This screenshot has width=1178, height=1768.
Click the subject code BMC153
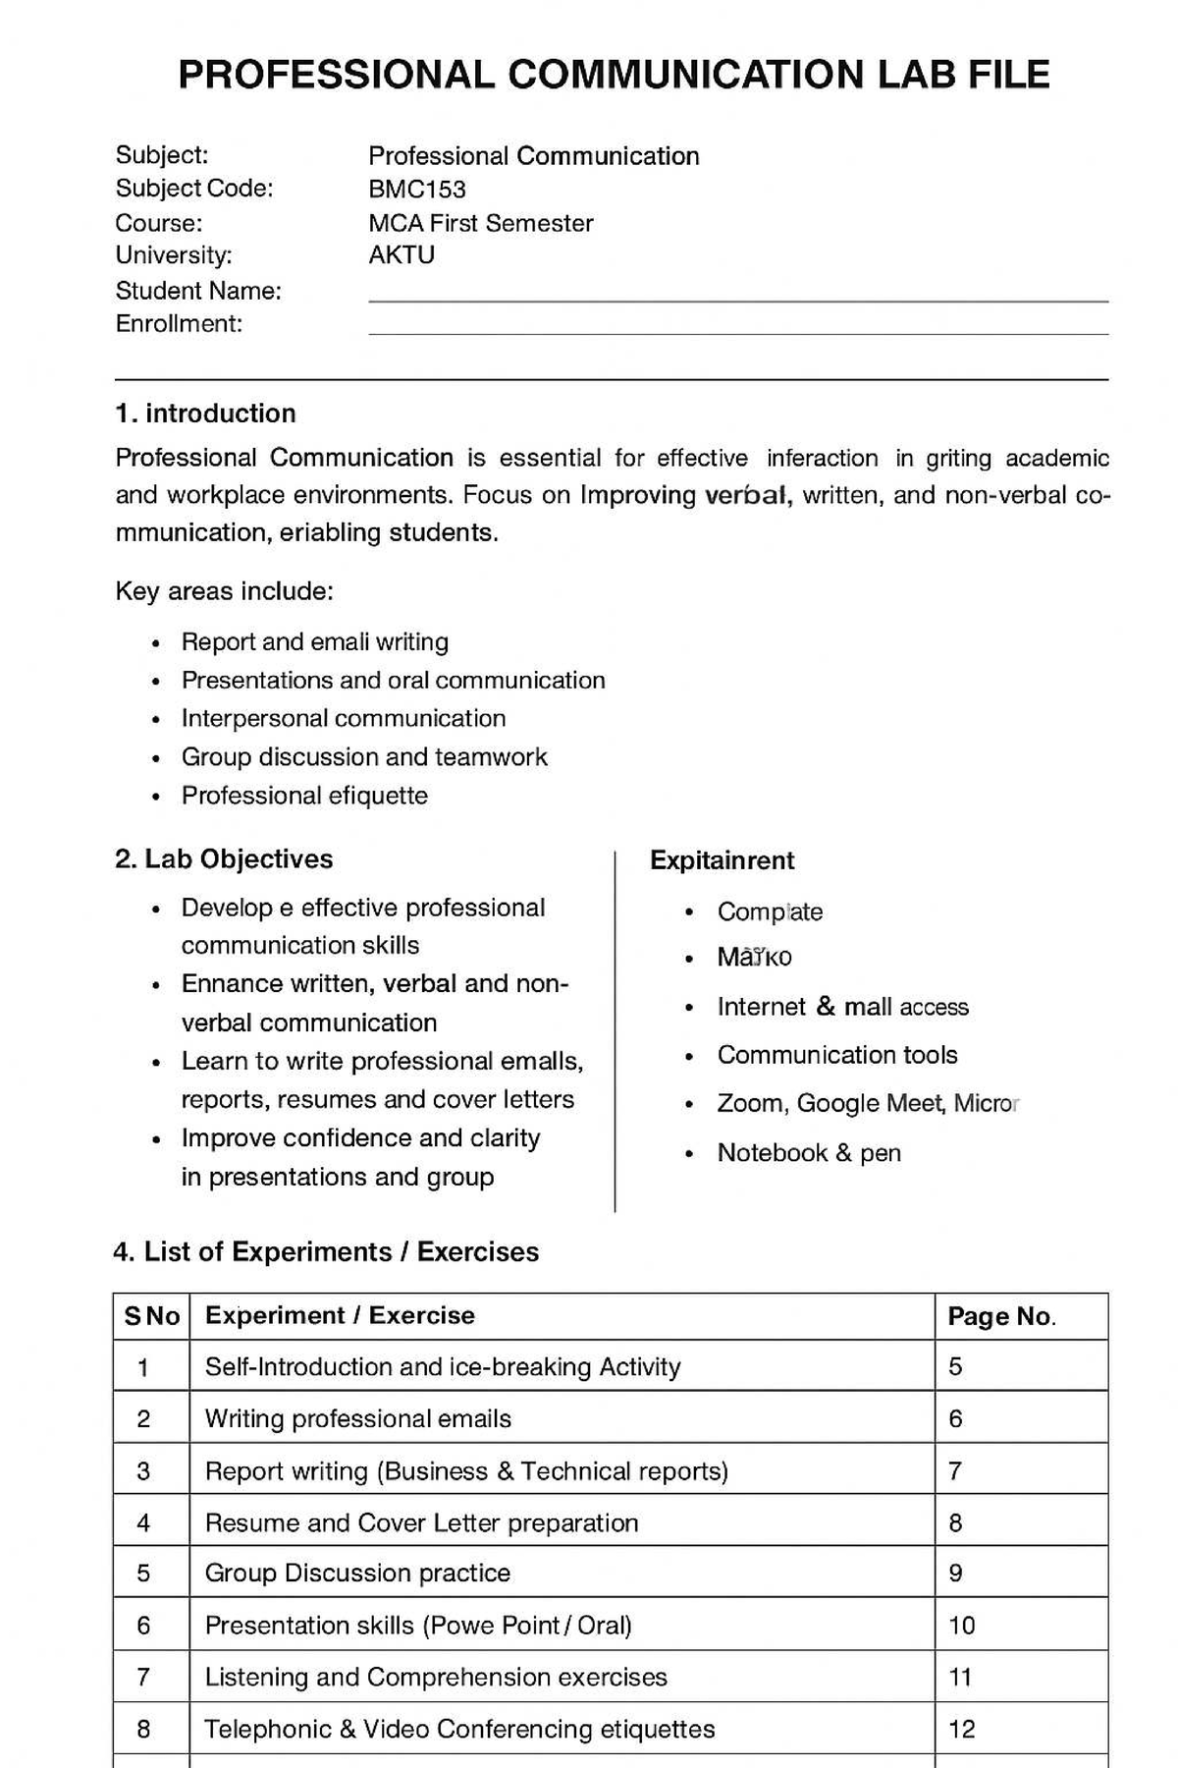pos(417,190)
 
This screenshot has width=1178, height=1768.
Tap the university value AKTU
pos(402,255)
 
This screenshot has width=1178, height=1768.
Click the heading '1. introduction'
pos(205,414)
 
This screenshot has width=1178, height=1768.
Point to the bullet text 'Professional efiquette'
pos(304,796)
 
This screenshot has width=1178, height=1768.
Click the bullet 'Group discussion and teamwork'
pos(364,757)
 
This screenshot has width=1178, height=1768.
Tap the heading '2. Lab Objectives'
pos(224,859)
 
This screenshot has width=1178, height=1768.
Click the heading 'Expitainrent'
pos(722,860)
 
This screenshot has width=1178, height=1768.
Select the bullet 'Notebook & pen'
pos(809,1153)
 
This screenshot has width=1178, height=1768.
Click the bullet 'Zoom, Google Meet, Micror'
pos(868,1104)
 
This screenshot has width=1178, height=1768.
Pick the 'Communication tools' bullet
pos(836,1055)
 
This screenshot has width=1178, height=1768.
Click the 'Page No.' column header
pos(1001,1317)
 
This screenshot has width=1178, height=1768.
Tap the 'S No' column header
pos(151,1317)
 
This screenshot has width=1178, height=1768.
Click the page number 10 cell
pos(962,1626)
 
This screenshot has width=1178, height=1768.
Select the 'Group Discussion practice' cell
pos(357,1574)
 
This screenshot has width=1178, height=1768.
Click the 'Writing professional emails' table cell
pos(357,1419)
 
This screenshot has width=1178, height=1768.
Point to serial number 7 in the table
pos(143,1678)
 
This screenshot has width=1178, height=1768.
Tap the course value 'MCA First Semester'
pos(480,223)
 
